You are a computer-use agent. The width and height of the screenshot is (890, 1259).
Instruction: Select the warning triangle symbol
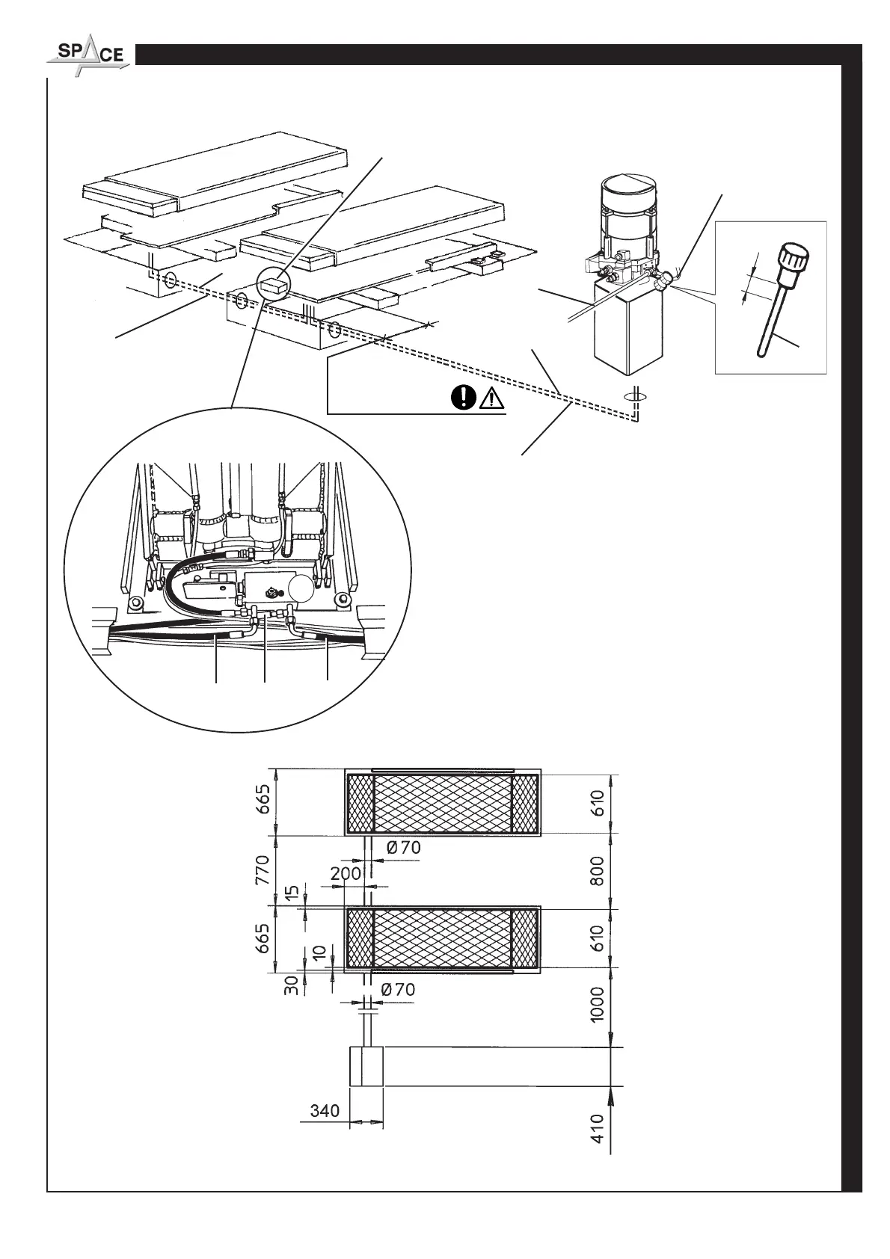click(x=490, y=398)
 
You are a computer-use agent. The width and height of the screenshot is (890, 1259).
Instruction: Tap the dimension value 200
click(x=346, y=873)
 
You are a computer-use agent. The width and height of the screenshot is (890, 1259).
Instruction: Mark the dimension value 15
click(x=293, y=892)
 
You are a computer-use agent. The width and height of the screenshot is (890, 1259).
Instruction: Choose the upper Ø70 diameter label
click(x=405, y=848)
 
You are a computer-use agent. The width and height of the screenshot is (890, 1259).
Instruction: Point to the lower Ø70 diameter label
click(x=398, y=989)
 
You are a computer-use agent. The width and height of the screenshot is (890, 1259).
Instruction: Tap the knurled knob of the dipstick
click(x=793, y=259)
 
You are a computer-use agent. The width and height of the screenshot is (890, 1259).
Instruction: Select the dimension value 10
click(x=319, y=953)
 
